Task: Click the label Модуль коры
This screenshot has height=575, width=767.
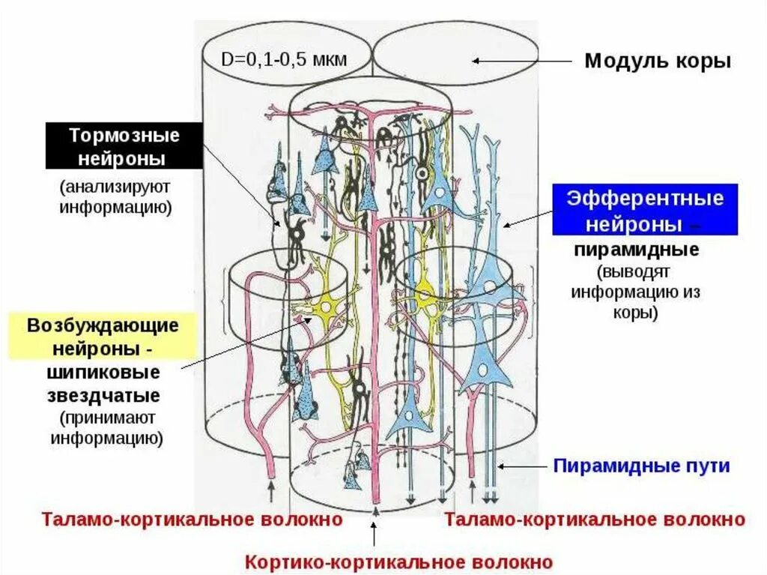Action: [x=657, y=61]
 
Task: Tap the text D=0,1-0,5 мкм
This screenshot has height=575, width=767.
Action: [x=284, y=60]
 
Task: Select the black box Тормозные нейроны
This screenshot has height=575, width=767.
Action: [x=124, y=147]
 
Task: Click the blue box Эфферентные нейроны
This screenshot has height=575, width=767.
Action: [x=645, y=211]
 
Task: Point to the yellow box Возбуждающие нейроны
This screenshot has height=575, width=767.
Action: [x=103, y=337]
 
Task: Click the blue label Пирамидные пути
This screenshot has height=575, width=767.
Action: [x=641, y=466]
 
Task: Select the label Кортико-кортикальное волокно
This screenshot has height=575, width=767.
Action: [x=399, y=562]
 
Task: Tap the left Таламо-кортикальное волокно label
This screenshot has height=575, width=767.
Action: [x=192, y=519]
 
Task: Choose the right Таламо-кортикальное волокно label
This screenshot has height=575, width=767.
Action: [x=595, y=519]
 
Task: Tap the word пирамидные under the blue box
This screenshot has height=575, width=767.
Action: [x=637, y=250]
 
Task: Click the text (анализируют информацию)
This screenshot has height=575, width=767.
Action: [x=116, y=196]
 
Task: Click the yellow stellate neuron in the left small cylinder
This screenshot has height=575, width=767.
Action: [x=327, y=307]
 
